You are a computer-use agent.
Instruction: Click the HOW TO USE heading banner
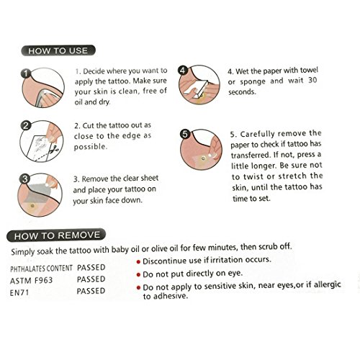58,50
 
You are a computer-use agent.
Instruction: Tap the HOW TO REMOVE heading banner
56,235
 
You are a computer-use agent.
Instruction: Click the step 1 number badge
26,73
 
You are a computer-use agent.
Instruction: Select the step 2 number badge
26,125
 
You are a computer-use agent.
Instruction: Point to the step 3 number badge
24,179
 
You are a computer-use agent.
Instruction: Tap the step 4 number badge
183,71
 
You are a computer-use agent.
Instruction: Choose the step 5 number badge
184,134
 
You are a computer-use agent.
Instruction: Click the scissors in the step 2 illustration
55,149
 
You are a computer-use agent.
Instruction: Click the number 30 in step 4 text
312,80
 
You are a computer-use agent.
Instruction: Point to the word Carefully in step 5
257,134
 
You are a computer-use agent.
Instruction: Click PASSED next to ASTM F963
91,279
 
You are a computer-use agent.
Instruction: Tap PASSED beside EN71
91,291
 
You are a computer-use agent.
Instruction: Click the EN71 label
19,293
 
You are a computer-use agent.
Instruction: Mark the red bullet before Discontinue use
138,262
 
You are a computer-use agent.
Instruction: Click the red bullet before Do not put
138,274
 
